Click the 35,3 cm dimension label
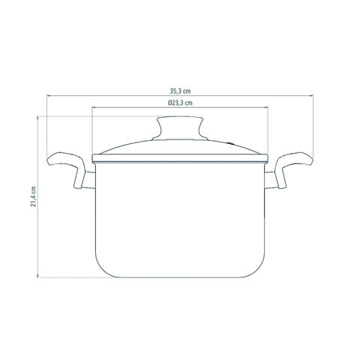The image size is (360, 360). (180, 91)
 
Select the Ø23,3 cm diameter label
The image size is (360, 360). (180, 103)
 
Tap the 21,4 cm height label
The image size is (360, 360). (34, 196)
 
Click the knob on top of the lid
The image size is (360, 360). (180, 127)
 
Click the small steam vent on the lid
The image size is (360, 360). (230, 143)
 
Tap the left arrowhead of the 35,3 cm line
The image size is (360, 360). (48, 95)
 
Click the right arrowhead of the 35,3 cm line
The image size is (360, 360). (312, 95)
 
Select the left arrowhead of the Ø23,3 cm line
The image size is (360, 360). (94, 107)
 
